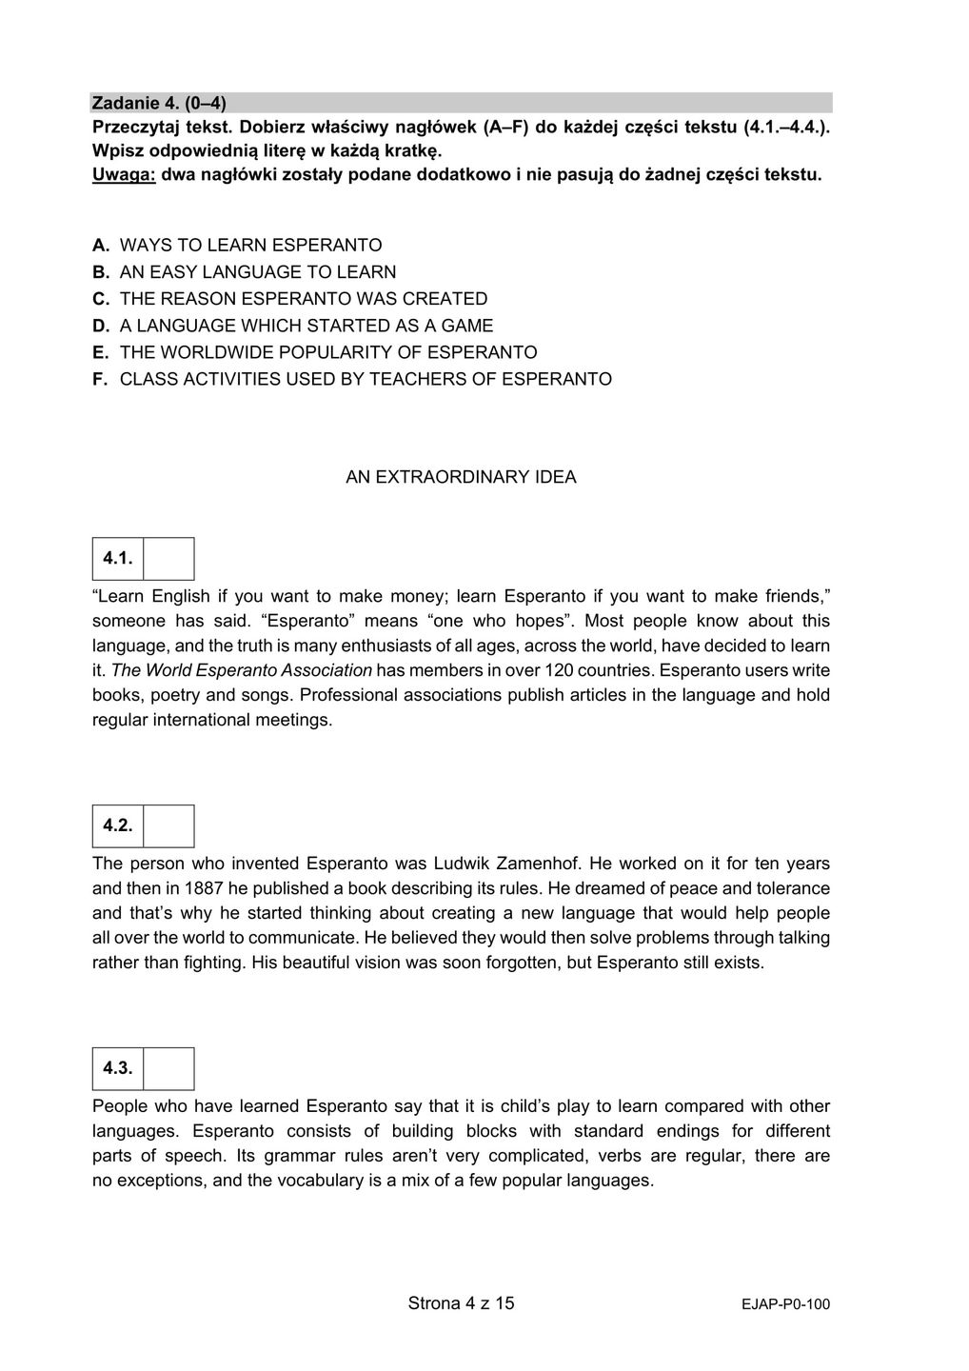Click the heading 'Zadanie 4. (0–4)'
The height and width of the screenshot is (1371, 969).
coord(159,102)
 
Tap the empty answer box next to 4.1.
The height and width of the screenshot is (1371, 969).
coord(168,559)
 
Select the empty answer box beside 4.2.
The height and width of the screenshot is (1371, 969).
coord(168,826)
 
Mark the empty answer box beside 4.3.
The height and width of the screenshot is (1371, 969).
coord(168,1069)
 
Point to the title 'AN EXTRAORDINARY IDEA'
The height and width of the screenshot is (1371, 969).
coord(461,477)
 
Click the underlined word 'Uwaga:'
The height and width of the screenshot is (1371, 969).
coord(124,175)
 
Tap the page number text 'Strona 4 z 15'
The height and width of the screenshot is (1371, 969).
coord(461,1303)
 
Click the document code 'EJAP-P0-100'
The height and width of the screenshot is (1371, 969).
coord(785,1305)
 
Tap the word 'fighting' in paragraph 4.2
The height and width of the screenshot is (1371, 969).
coord(210,963)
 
